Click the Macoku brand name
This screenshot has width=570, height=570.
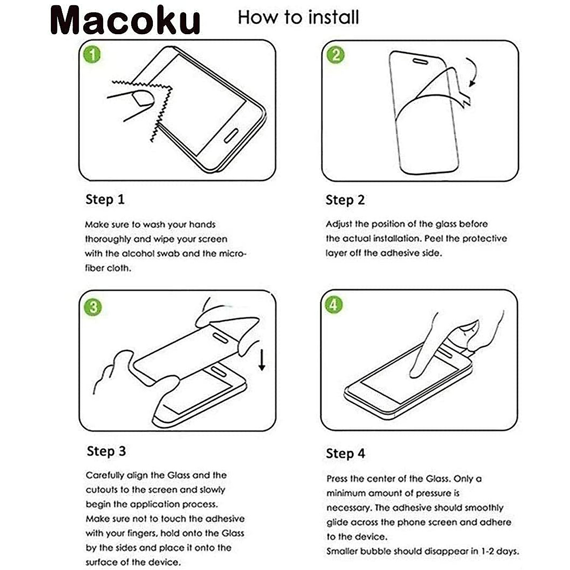(125, 20)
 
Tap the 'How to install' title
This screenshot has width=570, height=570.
(298, 17)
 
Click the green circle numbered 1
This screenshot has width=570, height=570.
(92, 55)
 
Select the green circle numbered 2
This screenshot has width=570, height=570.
(335, 55)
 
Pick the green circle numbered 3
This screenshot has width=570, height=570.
(93, 307)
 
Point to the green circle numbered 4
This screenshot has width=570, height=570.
(333, 304)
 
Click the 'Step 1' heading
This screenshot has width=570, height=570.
(105, 199)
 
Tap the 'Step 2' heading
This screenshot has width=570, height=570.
(345, 200)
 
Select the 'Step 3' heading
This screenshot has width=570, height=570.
(106, 452)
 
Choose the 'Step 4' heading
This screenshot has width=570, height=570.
(345, 454)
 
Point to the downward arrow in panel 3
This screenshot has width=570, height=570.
(262, 360)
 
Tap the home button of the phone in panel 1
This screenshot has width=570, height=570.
(231, 135)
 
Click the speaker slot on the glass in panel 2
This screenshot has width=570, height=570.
(420, 61)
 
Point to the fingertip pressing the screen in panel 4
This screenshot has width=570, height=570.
(415, 374)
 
